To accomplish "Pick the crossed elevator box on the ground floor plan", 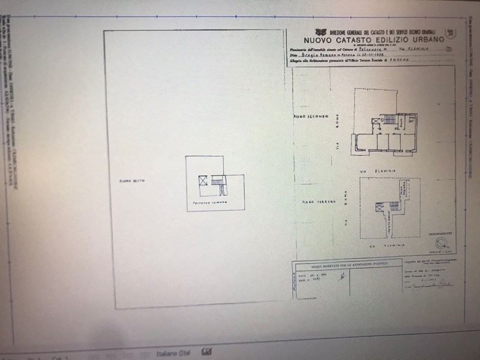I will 379,208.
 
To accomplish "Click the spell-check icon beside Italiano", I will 208,352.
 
